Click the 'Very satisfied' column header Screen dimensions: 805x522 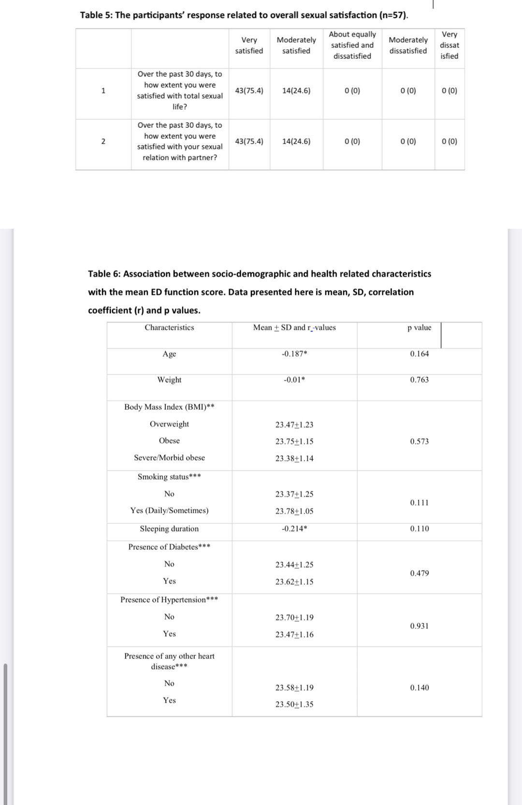[x=249, y=45]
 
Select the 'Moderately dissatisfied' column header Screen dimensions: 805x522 [x=408, y=45]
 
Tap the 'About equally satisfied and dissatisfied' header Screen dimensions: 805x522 [x=352, y=45]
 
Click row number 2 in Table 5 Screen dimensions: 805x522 [x=103, y=141]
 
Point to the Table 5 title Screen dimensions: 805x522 [x=244, y=15]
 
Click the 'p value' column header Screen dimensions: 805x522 [x=419, y=328]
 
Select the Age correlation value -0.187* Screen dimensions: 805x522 [x=294, y=354]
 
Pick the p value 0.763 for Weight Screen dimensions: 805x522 [x=419, y=380]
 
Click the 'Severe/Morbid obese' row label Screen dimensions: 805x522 [x=169, y=458]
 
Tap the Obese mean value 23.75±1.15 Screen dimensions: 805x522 [x=294, y=442]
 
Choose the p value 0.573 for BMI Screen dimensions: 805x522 [x=419, y=442]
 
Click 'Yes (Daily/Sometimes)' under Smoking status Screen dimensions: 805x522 [x=169, y=511]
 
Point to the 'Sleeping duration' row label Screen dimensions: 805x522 [x=169, y=529]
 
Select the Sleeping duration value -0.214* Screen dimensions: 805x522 [x=294, y=529]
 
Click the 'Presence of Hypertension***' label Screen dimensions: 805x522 [x=169, y=600]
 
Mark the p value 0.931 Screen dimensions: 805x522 [x=419, y=626]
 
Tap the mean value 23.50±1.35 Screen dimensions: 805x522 [x=294, y=705]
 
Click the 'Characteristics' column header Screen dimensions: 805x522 [x=169, y=328]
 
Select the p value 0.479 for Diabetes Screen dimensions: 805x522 [x=419, y=573]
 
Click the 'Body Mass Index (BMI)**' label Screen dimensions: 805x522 [x=169, y=407]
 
